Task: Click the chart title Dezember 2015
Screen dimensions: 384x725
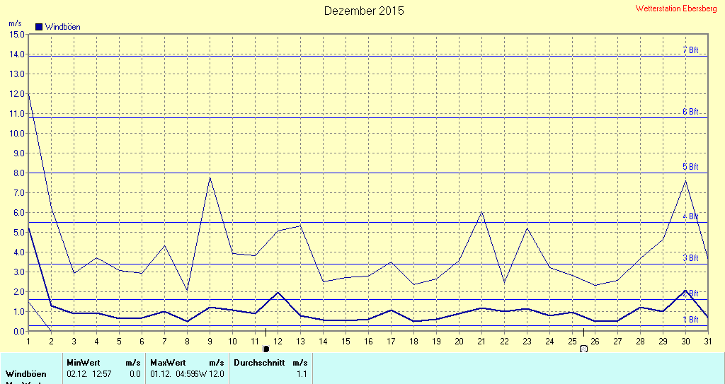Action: point(364,11)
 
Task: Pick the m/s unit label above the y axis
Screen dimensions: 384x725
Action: point(15,23)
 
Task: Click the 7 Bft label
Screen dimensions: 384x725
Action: point(690,50)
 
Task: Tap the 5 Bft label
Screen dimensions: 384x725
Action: point(690,167)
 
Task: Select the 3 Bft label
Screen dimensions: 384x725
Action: point(690,258)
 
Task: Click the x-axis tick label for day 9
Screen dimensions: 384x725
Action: point(210,341)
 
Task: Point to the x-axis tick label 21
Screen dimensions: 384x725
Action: point(481,341)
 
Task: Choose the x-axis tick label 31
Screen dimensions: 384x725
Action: point(708,341)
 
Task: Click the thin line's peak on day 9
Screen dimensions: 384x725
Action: point(210,178)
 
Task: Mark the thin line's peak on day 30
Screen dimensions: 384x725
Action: point(685,181)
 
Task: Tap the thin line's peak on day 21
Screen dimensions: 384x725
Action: point(481,211)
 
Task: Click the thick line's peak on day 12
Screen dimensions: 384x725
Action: point(278,292)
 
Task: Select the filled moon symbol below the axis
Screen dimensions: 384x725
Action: point(266,349)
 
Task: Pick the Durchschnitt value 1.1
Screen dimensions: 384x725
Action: point(301,373)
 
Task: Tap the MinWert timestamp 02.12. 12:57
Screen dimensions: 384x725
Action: point(89,373)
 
